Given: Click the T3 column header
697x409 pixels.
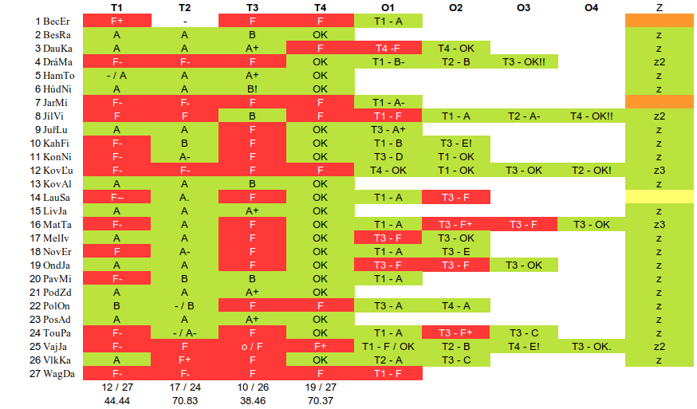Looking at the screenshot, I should [x=252, y=8].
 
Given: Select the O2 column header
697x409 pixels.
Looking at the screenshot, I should [x=455, y=8].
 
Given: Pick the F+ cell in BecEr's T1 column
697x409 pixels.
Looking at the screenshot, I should [x=116, y=21].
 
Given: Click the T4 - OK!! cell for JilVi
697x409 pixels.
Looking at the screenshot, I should [x=591, y=116].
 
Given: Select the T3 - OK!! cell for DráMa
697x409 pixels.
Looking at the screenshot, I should [x=524, y=61].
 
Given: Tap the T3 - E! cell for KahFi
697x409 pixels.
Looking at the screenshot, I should [x=456, y=143].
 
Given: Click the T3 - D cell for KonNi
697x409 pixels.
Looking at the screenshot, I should [x=388, y=156].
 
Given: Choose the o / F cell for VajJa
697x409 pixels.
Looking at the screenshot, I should [x=252, y=346].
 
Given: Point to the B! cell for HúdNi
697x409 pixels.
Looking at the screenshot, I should [x=252, y=88].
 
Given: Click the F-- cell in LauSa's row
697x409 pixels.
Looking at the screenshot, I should [x=116, y=197].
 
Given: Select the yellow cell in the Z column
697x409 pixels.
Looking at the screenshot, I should [x=659, y=197].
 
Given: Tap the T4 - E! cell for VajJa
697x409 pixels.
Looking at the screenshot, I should [x=524, y=346].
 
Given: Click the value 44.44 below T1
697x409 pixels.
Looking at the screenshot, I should [x=116, y=400].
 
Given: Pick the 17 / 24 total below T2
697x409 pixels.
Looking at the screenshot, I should [x=184, y=387].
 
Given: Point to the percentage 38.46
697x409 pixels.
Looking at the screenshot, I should [x=252, y=400].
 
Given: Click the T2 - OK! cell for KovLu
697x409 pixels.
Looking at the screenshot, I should [x=591, y=170].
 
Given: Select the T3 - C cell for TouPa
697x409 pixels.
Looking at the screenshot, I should [x=524, y=332].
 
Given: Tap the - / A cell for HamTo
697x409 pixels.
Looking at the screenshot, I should [x=116, y=75].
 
